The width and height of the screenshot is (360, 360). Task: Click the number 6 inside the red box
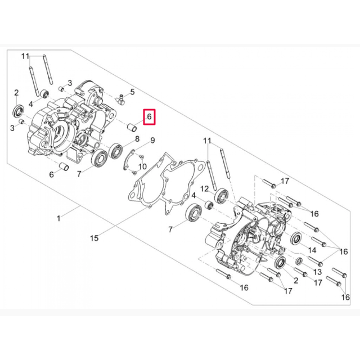point(150,117)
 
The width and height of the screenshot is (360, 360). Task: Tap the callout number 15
point(94,238)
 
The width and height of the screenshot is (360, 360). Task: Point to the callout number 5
point(132,92)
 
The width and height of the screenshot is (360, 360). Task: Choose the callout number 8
point(137,138)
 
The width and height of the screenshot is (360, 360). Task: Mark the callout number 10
point(142,166)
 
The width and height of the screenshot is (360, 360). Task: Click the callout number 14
point(312,248)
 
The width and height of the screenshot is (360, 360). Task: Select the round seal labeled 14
point(295,238)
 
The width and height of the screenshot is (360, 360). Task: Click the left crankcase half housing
point(62,124)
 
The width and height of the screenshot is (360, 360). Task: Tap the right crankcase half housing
point(247,236)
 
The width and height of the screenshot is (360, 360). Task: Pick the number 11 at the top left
point(25,56)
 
